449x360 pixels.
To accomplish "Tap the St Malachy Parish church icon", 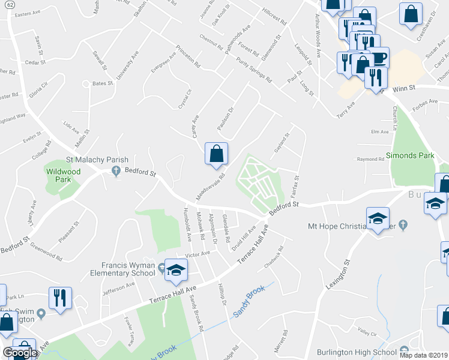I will tap(116, 172).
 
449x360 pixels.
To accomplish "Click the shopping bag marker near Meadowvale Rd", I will tap(216, 154).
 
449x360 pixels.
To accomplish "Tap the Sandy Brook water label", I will tap(250, 301).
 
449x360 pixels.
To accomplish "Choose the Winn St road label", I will tap(404, 88).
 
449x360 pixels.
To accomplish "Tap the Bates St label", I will tap(103, 84).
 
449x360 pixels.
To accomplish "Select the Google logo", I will tap(20, 353).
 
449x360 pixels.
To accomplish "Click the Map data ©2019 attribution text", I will tap(424, 355).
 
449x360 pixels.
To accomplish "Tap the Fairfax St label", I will tap(295, 188).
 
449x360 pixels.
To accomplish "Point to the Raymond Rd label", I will tap(370, 160).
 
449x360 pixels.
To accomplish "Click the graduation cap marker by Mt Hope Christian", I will tap(378, 219).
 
